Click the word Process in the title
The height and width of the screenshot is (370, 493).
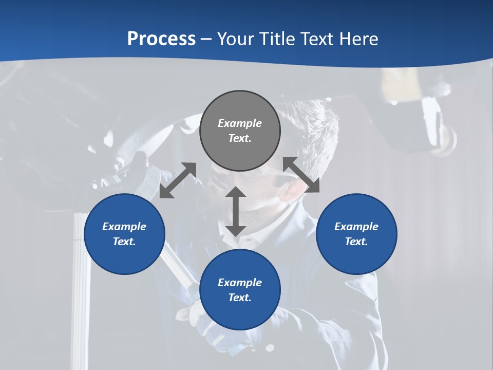[161, 39]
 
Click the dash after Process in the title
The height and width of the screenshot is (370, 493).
[206, 40]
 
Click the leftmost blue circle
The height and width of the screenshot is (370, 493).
[124, 234]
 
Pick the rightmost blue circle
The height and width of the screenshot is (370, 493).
[356, 234]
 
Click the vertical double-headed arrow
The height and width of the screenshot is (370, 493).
[236, 211]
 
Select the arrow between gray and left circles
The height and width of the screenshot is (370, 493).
[178, 180]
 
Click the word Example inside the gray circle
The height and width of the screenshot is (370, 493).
[240, 123]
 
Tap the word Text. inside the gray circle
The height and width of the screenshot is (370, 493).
[240, 138]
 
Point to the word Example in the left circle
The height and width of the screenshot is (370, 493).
[124, 227]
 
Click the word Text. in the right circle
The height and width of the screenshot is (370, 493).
[356, 242]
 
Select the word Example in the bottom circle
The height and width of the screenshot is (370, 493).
[240, 283]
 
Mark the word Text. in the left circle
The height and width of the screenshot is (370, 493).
[124, 242]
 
